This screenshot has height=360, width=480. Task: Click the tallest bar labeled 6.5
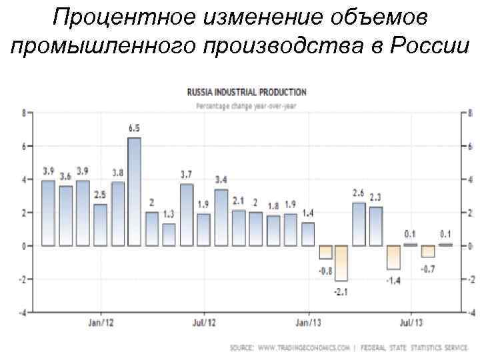134,191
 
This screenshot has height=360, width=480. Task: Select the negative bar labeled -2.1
342,263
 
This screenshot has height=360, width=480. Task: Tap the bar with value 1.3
169,235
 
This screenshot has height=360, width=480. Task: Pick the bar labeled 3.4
221,217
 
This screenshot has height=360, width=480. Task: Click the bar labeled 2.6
359,224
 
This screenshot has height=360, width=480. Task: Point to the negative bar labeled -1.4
393,257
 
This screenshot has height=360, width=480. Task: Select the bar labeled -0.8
325,252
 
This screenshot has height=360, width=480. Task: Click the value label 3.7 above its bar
186,175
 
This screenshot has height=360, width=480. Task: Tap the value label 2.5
99,195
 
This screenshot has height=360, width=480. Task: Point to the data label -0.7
427,269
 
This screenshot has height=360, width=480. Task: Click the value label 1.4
307,213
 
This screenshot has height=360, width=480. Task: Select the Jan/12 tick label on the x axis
100,323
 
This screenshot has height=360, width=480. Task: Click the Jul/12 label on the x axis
204,323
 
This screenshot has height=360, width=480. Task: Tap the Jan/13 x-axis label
307,323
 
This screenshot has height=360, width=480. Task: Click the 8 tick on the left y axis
23,113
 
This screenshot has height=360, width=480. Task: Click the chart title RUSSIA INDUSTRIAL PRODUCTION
247,92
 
